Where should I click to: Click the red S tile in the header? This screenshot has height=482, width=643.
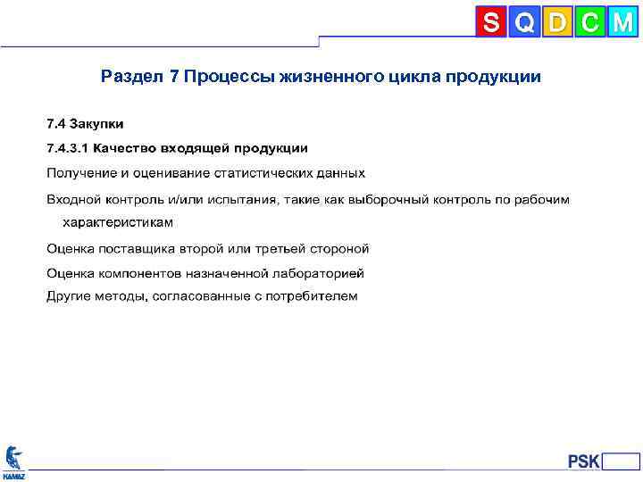coord(491,22)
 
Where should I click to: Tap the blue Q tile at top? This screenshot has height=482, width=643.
coord(524,22)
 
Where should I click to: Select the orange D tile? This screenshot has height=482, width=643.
coord(557,22)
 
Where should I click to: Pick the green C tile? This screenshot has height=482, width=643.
coord(589,22)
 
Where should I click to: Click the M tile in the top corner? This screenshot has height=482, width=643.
coord(622,22)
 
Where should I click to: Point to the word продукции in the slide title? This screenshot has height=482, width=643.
coord(494,77)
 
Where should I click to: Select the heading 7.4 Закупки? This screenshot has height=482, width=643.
coord(85,122)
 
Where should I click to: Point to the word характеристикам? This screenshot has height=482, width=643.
coord(117,222)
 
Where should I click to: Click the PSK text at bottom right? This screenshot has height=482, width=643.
coord(584,461)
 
